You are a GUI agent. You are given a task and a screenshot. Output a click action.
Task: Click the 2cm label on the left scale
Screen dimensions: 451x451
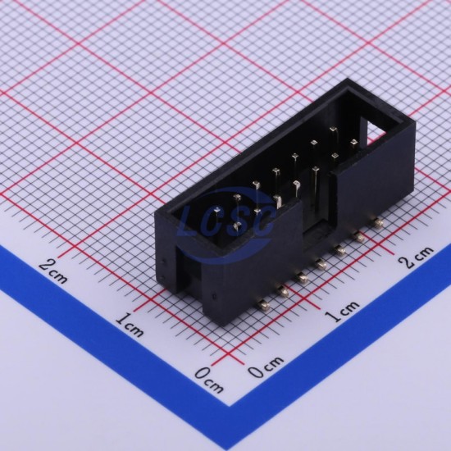tap(53, 271)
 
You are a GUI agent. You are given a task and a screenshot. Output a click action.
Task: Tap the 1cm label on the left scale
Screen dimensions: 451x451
tap(130, 325)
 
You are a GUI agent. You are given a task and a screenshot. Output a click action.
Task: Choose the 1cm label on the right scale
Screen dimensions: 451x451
tap(342, 311)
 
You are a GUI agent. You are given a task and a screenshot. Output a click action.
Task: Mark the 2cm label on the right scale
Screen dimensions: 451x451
tap(416, 257)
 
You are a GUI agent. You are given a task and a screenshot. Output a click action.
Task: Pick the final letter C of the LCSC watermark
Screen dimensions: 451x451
tap(263, 220)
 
